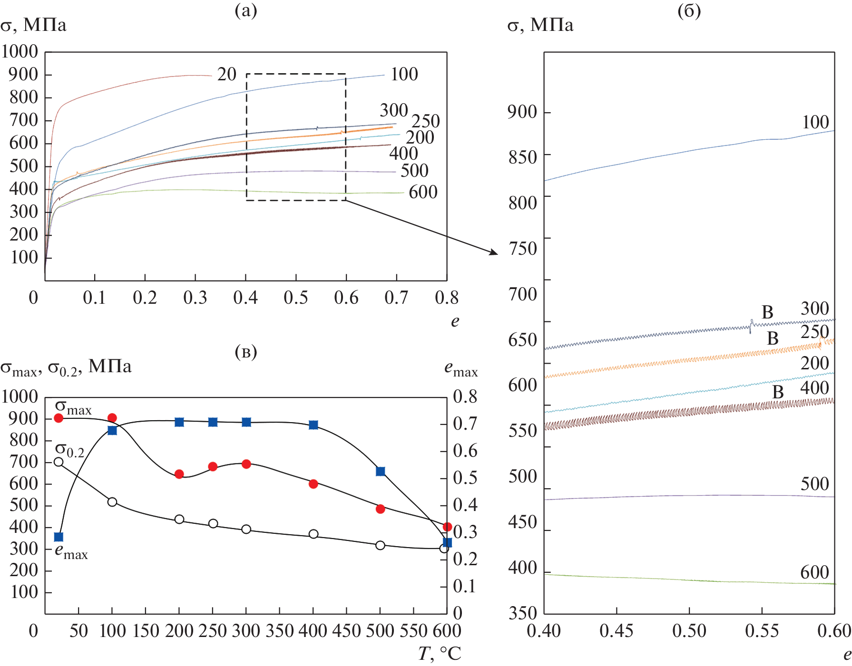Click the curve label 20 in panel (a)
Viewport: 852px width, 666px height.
coord(226,74)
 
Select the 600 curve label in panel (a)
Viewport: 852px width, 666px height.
coord(423,192)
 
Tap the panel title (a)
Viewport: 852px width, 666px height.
coord(246,10)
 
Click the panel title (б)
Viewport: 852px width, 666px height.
coord(689,10)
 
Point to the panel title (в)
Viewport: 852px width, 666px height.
coord(246,352)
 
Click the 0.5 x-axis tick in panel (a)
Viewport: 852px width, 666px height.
coord(296,298)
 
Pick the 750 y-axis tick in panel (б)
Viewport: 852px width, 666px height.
coord(522,248)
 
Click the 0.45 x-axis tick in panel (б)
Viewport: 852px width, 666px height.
coord(617,631)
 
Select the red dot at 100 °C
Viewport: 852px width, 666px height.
coord(112,418)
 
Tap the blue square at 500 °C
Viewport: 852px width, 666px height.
coord(380,472)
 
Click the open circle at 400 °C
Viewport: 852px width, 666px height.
coord(313,534)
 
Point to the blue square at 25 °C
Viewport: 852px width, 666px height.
coord(59,537)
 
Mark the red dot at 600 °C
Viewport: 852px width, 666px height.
coord(447,527)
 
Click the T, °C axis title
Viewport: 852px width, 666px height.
coord(440,654)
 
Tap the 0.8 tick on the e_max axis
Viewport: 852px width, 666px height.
coord(465,396)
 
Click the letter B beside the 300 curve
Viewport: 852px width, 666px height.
coord(767,312)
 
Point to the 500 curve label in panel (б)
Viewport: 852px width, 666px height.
coord(814,484)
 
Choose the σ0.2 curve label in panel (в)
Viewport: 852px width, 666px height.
coord(69,450)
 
